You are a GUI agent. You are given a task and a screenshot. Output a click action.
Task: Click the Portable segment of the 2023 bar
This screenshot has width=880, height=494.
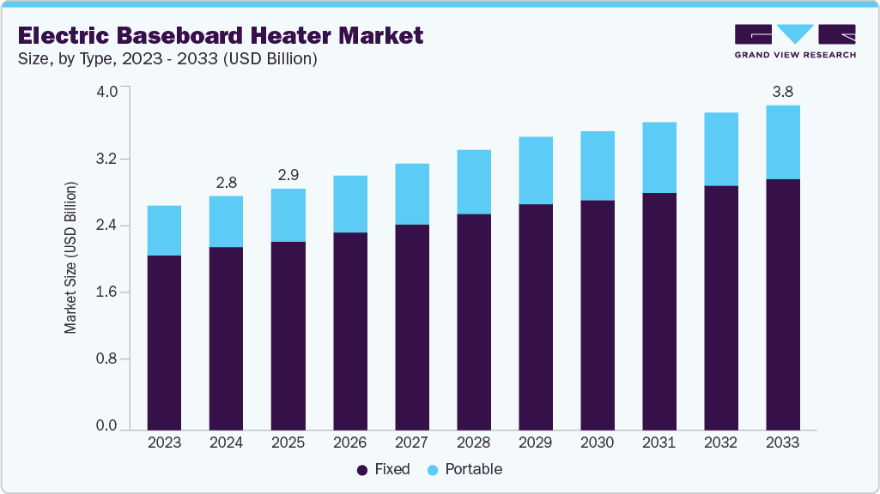164,231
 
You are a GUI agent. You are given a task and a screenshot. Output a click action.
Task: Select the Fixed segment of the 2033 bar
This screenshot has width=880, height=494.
782,304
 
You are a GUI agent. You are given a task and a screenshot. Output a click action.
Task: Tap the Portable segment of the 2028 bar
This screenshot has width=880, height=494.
473,182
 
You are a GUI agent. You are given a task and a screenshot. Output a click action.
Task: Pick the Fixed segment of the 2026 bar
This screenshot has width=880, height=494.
349,331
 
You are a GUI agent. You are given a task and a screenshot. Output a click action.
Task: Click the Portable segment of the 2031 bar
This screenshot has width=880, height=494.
658,158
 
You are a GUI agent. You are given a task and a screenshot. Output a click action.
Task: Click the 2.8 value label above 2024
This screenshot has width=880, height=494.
226,182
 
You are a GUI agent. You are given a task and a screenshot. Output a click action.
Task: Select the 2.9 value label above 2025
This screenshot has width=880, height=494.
288,174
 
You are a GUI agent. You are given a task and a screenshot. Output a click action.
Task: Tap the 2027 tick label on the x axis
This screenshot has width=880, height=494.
411,443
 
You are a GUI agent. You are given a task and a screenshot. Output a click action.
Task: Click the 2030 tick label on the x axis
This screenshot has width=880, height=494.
597,443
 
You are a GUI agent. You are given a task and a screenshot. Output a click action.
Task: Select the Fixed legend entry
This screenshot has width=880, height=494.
383,470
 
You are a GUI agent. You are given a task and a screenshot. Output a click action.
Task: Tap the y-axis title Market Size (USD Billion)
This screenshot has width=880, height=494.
70,257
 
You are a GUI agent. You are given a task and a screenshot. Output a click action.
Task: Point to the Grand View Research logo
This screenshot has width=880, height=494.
795,41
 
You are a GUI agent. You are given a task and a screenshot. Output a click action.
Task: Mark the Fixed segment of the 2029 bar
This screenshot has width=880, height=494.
535,316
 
